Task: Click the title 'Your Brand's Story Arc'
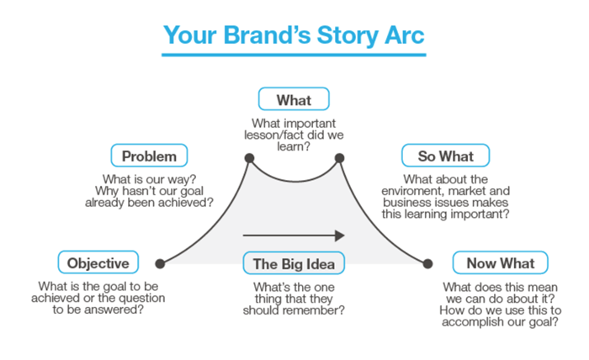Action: pyautogui.click(x=294, y=35)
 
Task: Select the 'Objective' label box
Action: pyautogui.click(x=98, y=262)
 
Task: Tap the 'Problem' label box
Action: pyautogui.click(x=149, y=156)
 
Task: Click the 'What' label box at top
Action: pyautogui.click(x=294, y=100)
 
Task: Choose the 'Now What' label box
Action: pyautogui.click(x=500, y=262)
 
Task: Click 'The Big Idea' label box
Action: pyautogui.click(x=294, y=263)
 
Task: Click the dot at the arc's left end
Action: pyautogui.click(x=160, y=263)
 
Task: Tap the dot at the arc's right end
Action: pyautogui.click(x=427, y=263)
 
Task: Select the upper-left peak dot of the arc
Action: pyautogui.click(x=249, y=157)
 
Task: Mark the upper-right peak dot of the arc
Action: pyautogui.click(x=340, y=157)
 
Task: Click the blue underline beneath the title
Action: pyautogui.click(x=294, y=56)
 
